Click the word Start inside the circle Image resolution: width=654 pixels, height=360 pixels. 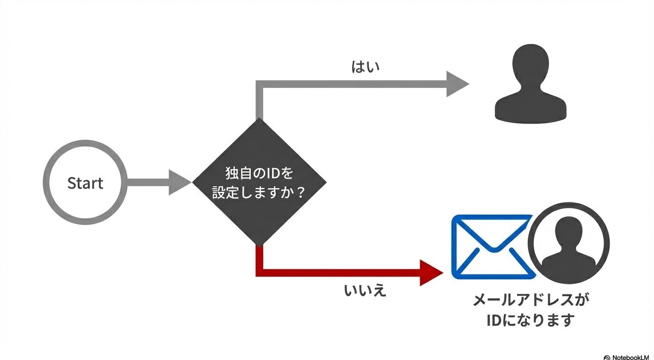(x=85, y=183)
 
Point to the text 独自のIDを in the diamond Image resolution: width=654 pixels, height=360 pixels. (x=259, y=173)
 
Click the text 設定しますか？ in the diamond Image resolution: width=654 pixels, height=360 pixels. (x=259, y=193)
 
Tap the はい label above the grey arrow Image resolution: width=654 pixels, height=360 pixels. (x=365, y=67)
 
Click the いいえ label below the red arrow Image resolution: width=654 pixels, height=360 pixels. (x=365, y=290)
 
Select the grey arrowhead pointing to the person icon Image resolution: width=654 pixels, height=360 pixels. (x=456, y=84)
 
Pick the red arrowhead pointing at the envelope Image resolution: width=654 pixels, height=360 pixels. (x=431, y=273)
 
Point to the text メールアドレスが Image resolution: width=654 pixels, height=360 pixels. (x=534, y=300)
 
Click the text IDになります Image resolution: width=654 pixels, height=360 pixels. (x=530, y=320)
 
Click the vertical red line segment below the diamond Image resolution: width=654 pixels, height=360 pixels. (x=260, y=259)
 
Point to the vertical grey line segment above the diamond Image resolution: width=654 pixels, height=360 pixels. (x=260, y=102)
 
